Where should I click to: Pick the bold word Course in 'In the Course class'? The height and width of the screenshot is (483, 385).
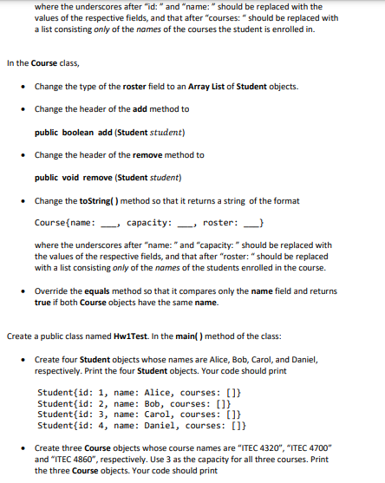tap(43, 63)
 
